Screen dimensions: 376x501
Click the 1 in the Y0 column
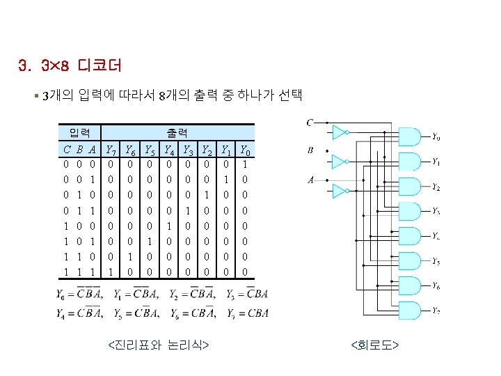pos(244,164)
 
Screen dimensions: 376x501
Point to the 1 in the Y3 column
pos(188,210)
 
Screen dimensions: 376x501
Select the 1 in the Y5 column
pos(149,240)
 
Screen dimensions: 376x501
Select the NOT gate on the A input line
pos(340,190)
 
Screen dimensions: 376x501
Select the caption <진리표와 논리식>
pos(160,344)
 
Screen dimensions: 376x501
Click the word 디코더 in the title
pos(100,67)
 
